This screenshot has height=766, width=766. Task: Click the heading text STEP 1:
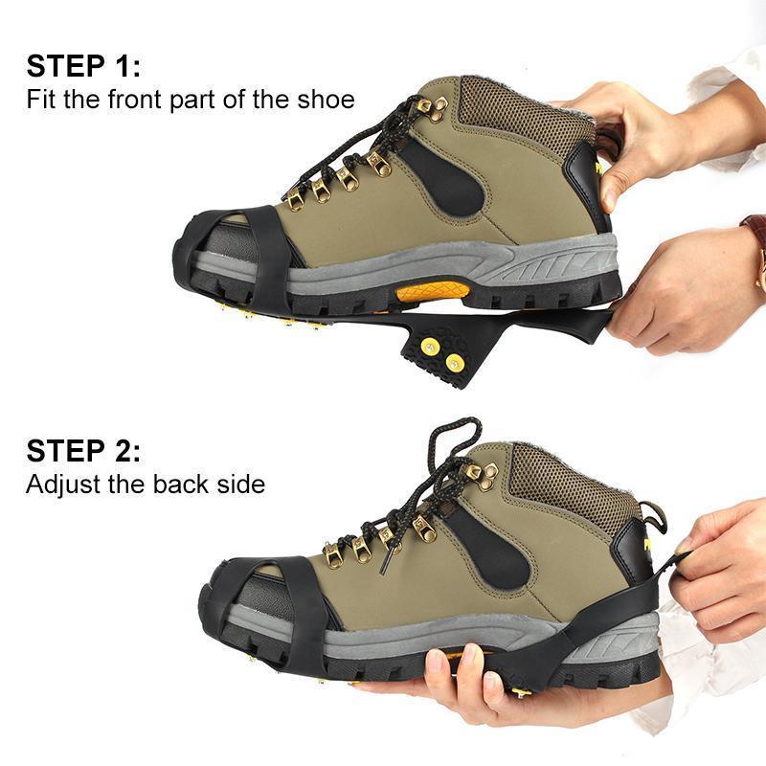(x=83, y=66)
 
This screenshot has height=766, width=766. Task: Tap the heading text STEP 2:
(x=83, y=450)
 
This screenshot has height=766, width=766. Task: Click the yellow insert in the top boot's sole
(x=433, y=292)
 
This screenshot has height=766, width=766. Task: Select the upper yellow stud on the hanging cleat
(x=430, y=347)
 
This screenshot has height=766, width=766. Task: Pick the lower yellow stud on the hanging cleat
(x=454, y=363)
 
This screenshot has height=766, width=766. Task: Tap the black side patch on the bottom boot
(x=491, y=548)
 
